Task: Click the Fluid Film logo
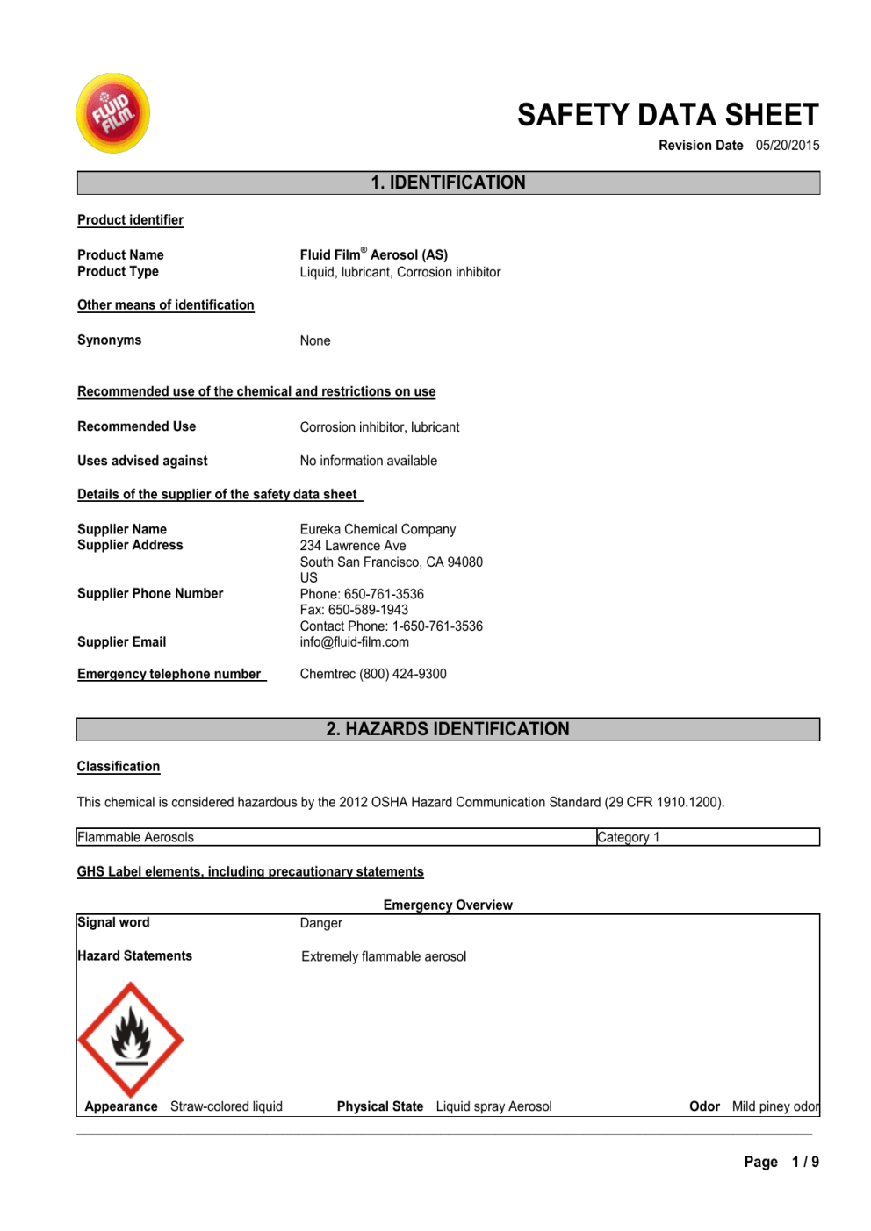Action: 113,113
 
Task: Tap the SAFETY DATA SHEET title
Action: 667,115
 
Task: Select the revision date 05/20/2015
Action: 787,146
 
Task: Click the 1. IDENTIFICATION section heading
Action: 448,183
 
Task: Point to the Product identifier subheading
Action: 130,220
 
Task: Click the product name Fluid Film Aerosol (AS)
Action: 373,254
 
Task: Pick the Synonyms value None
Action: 315,340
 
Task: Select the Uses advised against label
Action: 142,461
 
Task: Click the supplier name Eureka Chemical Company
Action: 378,529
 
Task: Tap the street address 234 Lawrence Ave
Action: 353,546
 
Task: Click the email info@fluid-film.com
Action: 354,642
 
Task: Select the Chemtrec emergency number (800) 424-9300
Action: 373,674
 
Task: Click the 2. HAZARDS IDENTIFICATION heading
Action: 448,729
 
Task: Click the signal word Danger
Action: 321,923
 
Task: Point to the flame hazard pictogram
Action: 131,1039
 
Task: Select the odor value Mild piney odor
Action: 774,1106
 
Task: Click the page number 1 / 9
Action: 804,1162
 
